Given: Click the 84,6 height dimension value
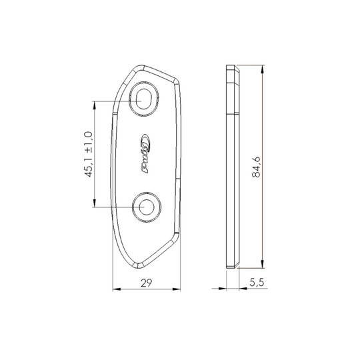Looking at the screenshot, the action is [x=256, y=167].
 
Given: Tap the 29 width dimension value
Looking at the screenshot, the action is [x=146, y=283].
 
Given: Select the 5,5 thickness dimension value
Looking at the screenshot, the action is [x=257, y=283].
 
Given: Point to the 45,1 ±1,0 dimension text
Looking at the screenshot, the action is [x=89, y=154].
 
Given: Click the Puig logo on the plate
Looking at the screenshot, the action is [x=145, y=153].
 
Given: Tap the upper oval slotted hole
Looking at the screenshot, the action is [x=144, y=99].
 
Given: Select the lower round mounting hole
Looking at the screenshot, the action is [x=147, y=207].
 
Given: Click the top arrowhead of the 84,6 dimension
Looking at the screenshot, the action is [x=263, y=69].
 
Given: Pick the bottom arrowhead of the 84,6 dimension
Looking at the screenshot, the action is [x=263, y=263].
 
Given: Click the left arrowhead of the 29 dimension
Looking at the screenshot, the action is [x=117, y=289].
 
